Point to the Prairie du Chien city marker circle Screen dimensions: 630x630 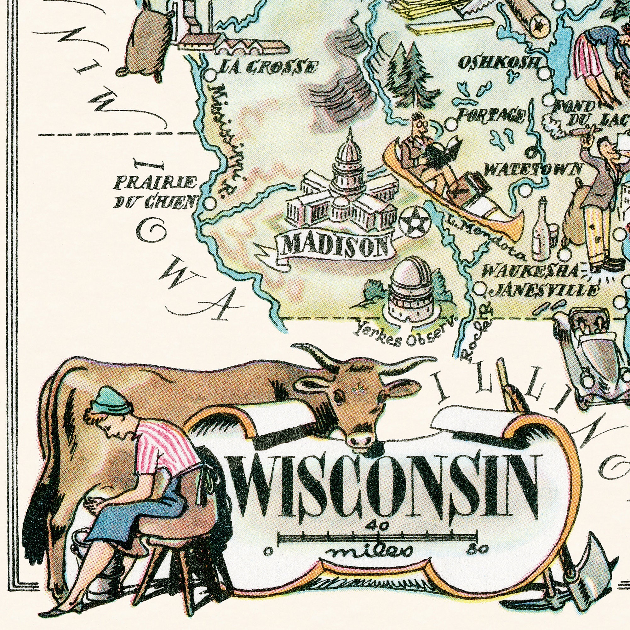coord(210,204)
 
